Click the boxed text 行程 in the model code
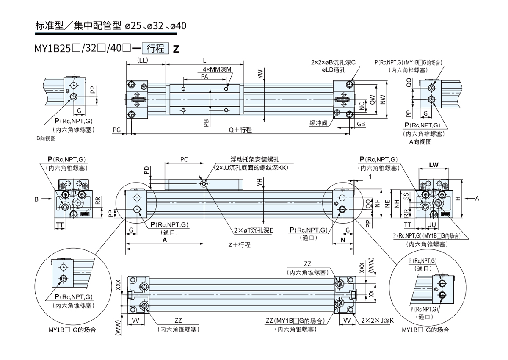tap(157, 48)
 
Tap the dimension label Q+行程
tap(240, 130)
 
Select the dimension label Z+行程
tap(239, 245)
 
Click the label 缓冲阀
tap(318, 123)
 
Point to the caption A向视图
tap(420, 142)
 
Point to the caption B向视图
tap(46, 138)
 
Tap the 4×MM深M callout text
tap(217, 69)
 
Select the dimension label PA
tap(204, 77)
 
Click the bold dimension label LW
tap(433, 164)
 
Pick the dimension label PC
tap(184, 160)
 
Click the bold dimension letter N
tap(342, 239)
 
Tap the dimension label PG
tap(117, 129)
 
